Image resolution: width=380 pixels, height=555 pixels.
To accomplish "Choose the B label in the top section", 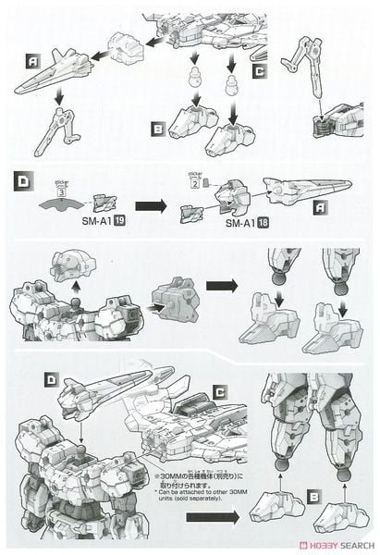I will tap(158, 129).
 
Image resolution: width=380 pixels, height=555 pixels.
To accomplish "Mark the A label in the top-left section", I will tap(31, 59).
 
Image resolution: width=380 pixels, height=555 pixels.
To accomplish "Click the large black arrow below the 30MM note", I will tap(230, 519).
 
